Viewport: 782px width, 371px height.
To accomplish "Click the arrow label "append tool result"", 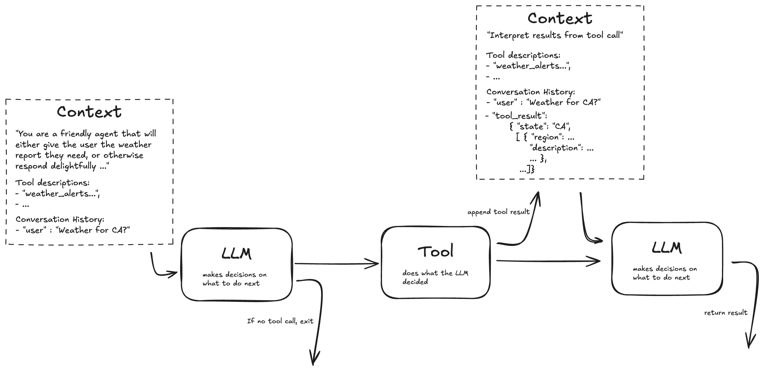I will pos(498,212).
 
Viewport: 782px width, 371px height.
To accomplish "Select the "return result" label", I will pos(725,313).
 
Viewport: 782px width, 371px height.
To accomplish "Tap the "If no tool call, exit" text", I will pos(280,321).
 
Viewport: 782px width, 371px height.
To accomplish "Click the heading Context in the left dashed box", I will pos(89,112).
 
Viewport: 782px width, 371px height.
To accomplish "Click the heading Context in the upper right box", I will pos(560,18).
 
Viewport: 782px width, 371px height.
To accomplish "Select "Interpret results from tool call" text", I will pos(555,35).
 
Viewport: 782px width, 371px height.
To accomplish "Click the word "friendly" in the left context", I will pos(76,134).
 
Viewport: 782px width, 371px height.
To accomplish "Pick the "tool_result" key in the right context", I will pos(520,116).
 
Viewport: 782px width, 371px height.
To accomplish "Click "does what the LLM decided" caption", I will pos(435,277).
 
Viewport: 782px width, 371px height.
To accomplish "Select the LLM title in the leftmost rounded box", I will pos(236,253).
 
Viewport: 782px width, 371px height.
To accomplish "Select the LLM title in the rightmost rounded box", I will pos(667,248).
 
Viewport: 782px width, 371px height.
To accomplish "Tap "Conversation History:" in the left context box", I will pos(60,219).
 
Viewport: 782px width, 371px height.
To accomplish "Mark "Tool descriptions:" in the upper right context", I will pos(523,55).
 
